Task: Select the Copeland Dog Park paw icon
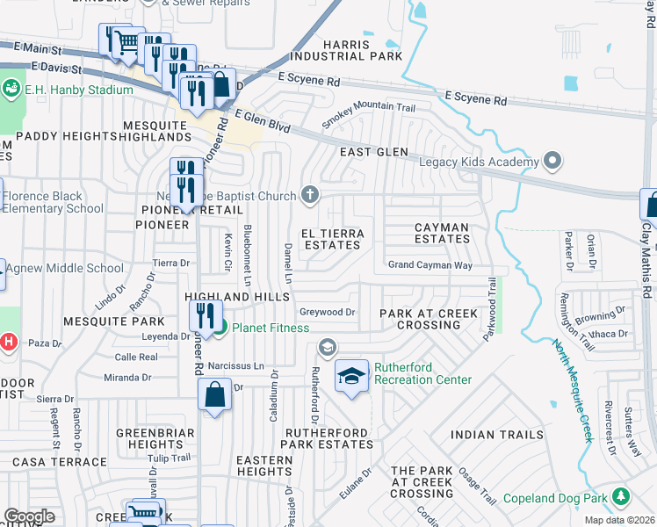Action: [x=620, y=497]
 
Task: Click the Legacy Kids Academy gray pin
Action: [x=552, y=162]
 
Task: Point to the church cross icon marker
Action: [x=309, y=195]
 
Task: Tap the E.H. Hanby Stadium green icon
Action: [x=11, y=88]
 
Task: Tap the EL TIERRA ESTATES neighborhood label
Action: [x=331, y=239]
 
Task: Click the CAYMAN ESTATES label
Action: [x=442, y=233]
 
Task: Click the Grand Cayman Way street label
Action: [x=430, y=265]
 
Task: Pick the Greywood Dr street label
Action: [x=327, y=312]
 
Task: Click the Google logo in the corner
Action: [x=29, y=516]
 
